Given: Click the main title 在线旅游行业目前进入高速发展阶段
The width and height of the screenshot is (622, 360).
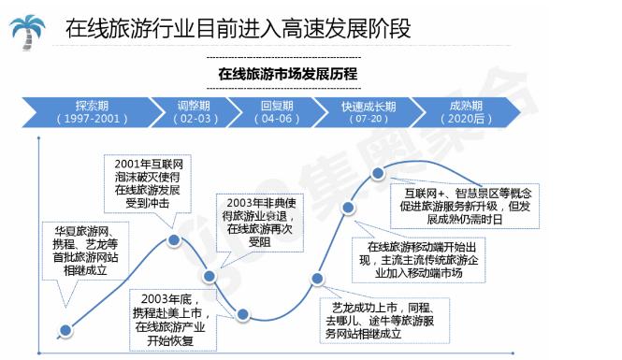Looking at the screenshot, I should click(238, 28).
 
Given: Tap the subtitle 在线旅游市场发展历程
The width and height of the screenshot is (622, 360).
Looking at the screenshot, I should click(286, 72).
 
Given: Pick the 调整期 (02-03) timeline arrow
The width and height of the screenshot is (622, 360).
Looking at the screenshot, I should click(197, 112).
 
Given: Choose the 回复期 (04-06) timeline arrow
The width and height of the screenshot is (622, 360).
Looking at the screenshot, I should click(280, 112).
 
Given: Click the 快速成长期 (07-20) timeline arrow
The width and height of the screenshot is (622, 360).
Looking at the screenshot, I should click(368, 112).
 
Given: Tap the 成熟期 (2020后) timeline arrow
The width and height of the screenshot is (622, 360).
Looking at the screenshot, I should click(470, 112).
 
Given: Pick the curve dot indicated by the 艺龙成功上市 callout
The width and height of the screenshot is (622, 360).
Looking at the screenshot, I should click(319, 277).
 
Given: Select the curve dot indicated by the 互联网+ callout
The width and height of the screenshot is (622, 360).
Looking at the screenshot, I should click(379, 173).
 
